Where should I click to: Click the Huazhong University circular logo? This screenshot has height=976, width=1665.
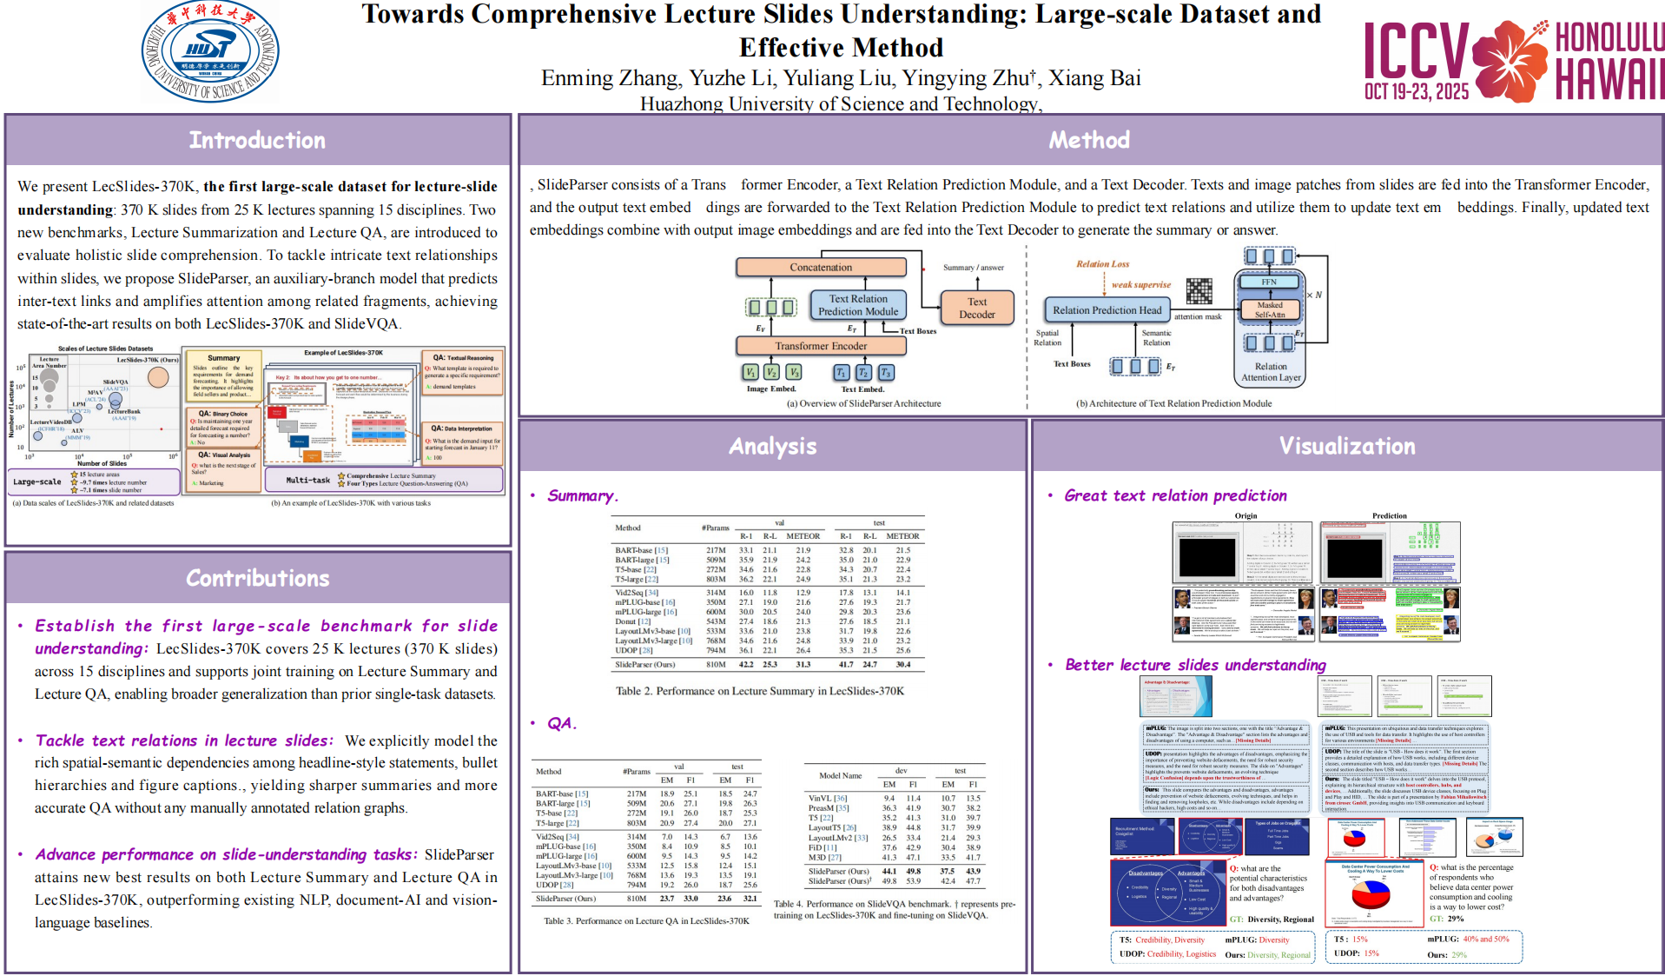click(210, 52)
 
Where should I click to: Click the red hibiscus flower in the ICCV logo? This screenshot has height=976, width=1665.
click(1510, 59)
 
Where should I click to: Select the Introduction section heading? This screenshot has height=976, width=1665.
click(257, 141)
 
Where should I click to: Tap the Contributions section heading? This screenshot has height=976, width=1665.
click(257, 579)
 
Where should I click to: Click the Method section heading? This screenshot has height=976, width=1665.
click(1089, 141)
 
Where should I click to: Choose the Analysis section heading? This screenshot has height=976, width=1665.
click(772, 447)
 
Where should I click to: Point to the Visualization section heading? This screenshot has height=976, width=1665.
click(1346, 447)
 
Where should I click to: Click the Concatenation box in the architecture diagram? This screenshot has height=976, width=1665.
click(821, 268)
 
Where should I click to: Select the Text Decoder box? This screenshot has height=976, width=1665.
click(977, 309)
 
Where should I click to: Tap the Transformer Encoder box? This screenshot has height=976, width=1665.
click(821, 346)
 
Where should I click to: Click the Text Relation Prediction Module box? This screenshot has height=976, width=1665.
click(858, 305)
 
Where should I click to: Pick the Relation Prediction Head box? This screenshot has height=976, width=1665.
click(1107, 310)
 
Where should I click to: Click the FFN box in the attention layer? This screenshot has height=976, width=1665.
click(1269, 282)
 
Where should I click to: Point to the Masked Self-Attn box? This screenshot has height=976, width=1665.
click(1269, 309)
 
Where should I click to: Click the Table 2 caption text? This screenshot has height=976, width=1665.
click(760, 691)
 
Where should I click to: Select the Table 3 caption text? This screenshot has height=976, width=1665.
click(646, 920)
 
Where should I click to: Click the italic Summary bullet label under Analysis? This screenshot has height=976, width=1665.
click(582, 496)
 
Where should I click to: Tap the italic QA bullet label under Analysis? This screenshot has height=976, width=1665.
click(561, 724)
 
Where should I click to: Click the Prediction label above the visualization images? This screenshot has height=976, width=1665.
click(1389, 516)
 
